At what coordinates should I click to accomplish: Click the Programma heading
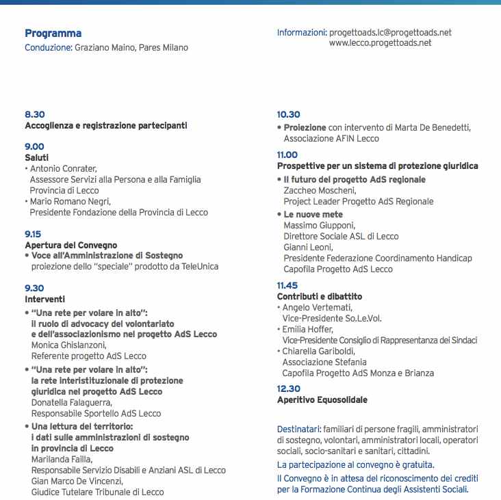(53, 34)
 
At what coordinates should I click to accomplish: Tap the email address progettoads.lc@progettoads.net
(390, 32)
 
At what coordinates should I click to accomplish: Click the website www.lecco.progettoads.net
(380, 42)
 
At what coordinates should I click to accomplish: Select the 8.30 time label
(34, 115)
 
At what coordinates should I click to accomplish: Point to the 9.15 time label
(33, 234)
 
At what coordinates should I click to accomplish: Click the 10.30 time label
(288, 115)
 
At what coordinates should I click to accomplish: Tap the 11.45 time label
(287, 285)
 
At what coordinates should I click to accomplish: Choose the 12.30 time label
(288, 388)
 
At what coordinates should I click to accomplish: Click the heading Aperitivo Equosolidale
(322, 399)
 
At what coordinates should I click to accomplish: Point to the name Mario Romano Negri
(70, 201)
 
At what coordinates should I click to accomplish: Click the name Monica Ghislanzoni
(68, 345)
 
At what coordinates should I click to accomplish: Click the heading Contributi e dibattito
(320, 296)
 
